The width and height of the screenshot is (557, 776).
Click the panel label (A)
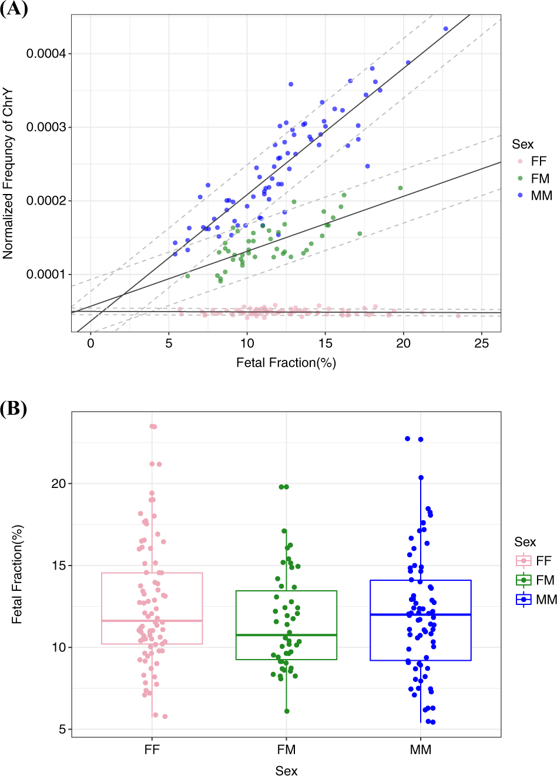pos(14,9)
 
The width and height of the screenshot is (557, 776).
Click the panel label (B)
pos(14,409)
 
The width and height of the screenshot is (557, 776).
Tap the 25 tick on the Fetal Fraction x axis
pos(481,343)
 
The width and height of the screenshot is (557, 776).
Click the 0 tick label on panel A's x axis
pos(90,343)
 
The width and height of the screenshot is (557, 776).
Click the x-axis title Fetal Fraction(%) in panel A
pos(286,363)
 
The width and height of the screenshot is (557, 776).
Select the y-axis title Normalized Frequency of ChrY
pos(8,174)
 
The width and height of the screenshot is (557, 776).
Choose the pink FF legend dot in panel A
pos(520,162)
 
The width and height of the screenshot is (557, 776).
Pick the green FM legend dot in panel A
pos(520,179)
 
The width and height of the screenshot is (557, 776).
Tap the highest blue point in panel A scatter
pos(445,29)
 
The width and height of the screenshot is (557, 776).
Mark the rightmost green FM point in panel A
pos(400,188)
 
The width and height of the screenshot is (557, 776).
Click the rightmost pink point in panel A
pos(458,316)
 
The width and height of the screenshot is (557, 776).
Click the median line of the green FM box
pos(286,635)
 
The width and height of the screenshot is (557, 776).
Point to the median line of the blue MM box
pos(421,614)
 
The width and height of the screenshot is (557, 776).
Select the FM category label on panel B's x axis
pos(286,750)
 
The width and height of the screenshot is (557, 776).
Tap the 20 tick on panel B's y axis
pos(59,483)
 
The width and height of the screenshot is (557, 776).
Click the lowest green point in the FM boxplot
pos(287,711)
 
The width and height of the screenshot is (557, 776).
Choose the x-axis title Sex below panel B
pos(286,770)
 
